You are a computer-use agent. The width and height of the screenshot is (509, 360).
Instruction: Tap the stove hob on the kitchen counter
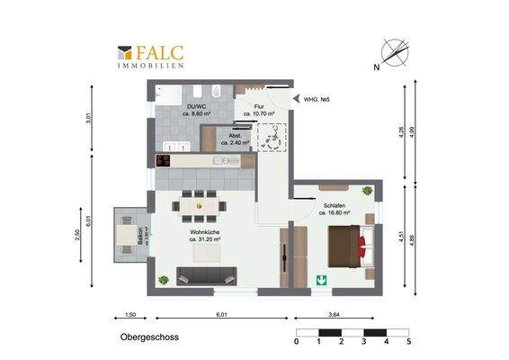[x=163, y=160]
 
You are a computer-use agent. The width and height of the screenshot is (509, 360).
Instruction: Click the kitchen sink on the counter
[x=219, y=160]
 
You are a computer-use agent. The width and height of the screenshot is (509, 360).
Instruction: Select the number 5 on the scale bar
[x=408, y=342]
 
